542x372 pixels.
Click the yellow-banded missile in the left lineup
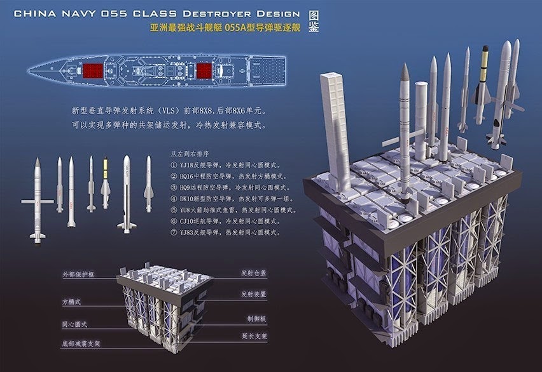(106, 184)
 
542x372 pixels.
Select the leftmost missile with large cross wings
(38, 200)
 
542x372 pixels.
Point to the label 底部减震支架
(81, 343)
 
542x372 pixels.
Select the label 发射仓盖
(254, 274)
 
